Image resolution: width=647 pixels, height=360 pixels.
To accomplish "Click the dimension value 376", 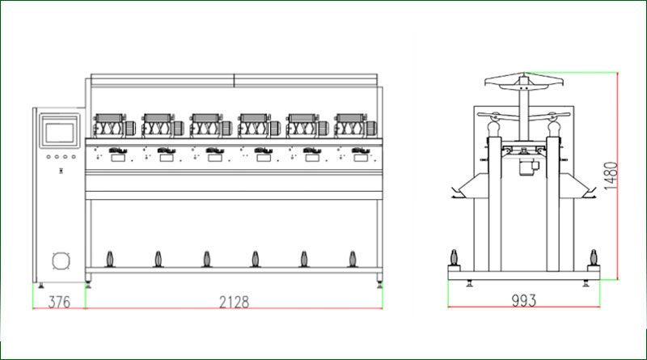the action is [59, 303].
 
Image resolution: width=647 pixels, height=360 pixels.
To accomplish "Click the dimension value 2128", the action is [234, 303].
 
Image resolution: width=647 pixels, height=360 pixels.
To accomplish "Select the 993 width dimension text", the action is [523, 301].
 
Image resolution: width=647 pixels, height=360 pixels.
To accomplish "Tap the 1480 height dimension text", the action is [611, 176].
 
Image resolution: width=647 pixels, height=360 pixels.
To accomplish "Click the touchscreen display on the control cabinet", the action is [59, 132].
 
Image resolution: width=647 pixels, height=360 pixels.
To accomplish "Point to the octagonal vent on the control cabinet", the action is [61, 260].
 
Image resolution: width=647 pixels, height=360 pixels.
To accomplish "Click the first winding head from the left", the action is [114, 125].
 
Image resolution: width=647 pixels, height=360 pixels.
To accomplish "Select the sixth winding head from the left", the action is [355, 125].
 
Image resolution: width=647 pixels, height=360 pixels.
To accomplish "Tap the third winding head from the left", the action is [211, 125].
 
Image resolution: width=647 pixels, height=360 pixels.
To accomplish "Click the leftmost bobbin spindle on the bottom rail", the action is [110, 259].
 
